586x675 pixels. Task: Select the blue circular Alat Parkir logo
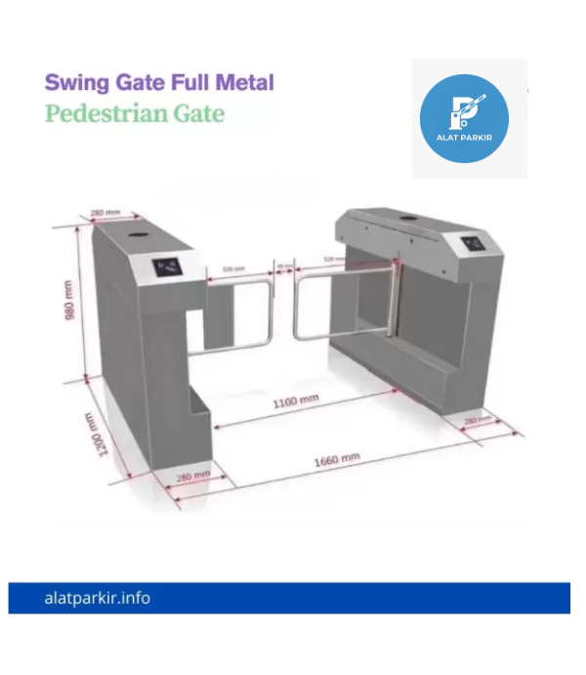[x=464, y=118]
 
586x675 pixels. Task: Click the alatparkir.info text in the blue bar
[x=98, y=598]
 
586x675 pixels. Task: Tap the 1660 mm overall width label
[x=336, y=458]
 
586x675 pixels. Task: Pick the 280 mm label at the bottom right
[x=478, y=420]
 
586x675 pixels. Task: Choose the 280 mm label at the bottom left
[x=194, y=475]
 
